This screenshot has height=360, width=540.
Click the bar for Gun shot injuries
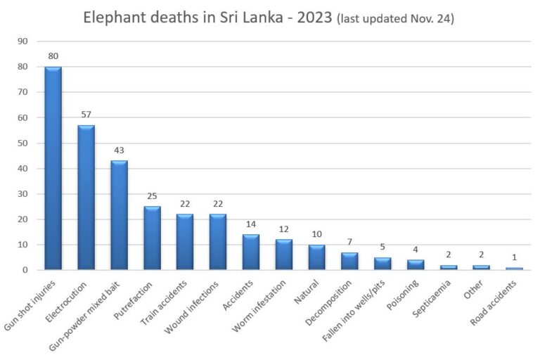(x=53, y=168)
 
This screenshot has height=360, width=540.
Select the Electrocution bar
(x=86, y=198)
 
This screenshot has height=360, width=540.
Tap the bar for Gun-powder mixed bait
(x=120, y=215)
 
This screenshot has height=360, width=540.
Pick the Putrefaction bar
(x=153, y=238)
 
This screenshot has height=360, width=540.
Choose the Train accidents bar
(x=185, y=242)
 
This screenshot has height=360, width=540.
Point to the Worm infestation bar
(x=284, y=255)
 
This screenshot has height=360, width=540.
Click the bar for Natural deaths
(x=317, y=257)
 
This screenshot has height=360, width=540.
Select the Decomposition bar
(x=350, y=261)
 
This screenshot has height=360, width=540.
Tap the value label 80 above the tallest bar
(x=53, y=56)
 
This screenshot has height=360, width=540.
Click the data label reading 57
(x=86, y=114)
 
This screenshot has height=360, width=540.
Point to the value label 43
(x=120, y=150)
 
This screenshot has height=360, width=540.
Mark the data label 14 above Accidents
(x=251, y=224)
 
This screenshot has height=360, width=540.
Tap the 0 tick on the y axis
(x=25, y=270)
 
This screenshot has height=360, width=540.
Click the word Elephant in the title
(x=114, y=18)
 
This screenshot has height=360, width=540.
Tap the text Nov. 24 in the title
(x=430, y=19)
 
